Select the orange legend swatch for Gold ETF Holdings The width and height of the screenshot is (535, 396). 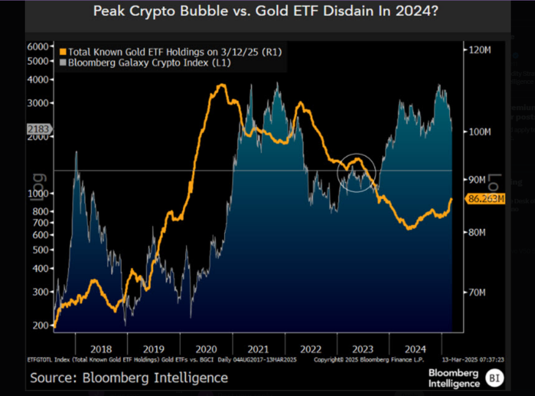tap(62, 52)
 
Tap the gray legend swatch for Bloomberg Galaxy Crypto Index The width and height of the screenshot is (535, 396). tap(62, 62)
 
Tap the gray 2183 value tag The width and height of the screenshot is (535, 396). tap(39, 129)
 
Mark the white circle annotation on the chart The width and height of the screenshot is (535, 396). tap(356, 172)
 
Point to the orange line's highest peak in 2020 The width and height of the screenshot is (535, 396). tap(220, 85)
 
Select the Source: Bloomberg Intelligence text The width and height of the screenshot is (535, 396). tap(129, 377)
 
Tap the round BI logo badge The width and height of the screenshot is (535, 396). tap(496, 377)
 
